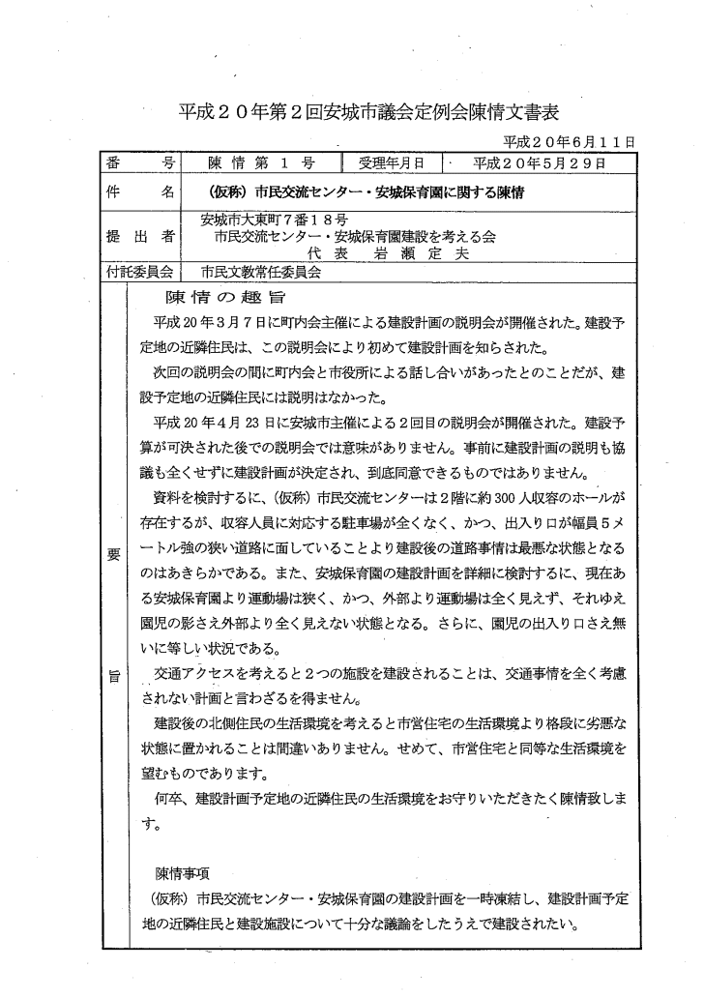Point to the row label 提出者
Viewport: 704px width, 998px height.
click(139, 236)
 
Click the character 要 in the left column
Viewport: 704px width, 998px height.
click(112, 554)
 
